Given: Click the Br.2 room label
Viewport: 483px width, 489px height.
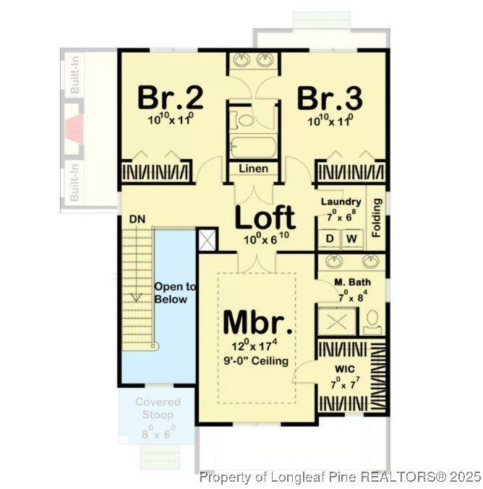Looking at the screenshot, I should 171,97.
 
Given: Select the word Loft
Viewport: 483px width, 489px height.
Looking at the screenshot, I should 265,217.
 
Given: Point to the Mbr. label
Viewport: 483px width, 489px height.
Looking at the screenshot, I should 258,322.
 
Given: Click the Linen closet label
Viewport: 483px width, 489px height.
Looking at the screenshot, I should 253,169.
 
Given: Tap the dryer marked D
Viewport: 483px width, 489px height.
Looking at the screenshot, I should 330,238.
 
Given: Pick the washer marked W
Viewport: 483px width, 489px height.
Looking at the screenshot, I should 352,238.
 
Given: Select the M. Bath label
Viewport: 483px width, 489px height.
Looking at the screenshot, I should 352,281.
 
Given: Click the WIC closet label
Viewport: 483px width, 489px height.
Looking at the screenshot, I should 343,370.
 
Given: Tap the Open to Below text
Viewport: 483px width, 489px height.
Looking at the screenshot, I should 171,293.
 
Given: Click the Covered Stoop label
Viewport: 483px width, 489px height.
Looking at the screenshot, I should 158,409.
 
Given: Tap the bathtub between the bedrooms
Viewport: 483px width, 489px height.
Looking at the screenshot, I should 253,148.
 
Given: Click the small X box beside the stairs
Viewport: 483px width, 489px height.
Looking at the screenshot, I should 208,239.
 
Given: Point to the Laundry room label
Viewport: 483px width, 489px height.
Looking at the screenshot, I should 341,202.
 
